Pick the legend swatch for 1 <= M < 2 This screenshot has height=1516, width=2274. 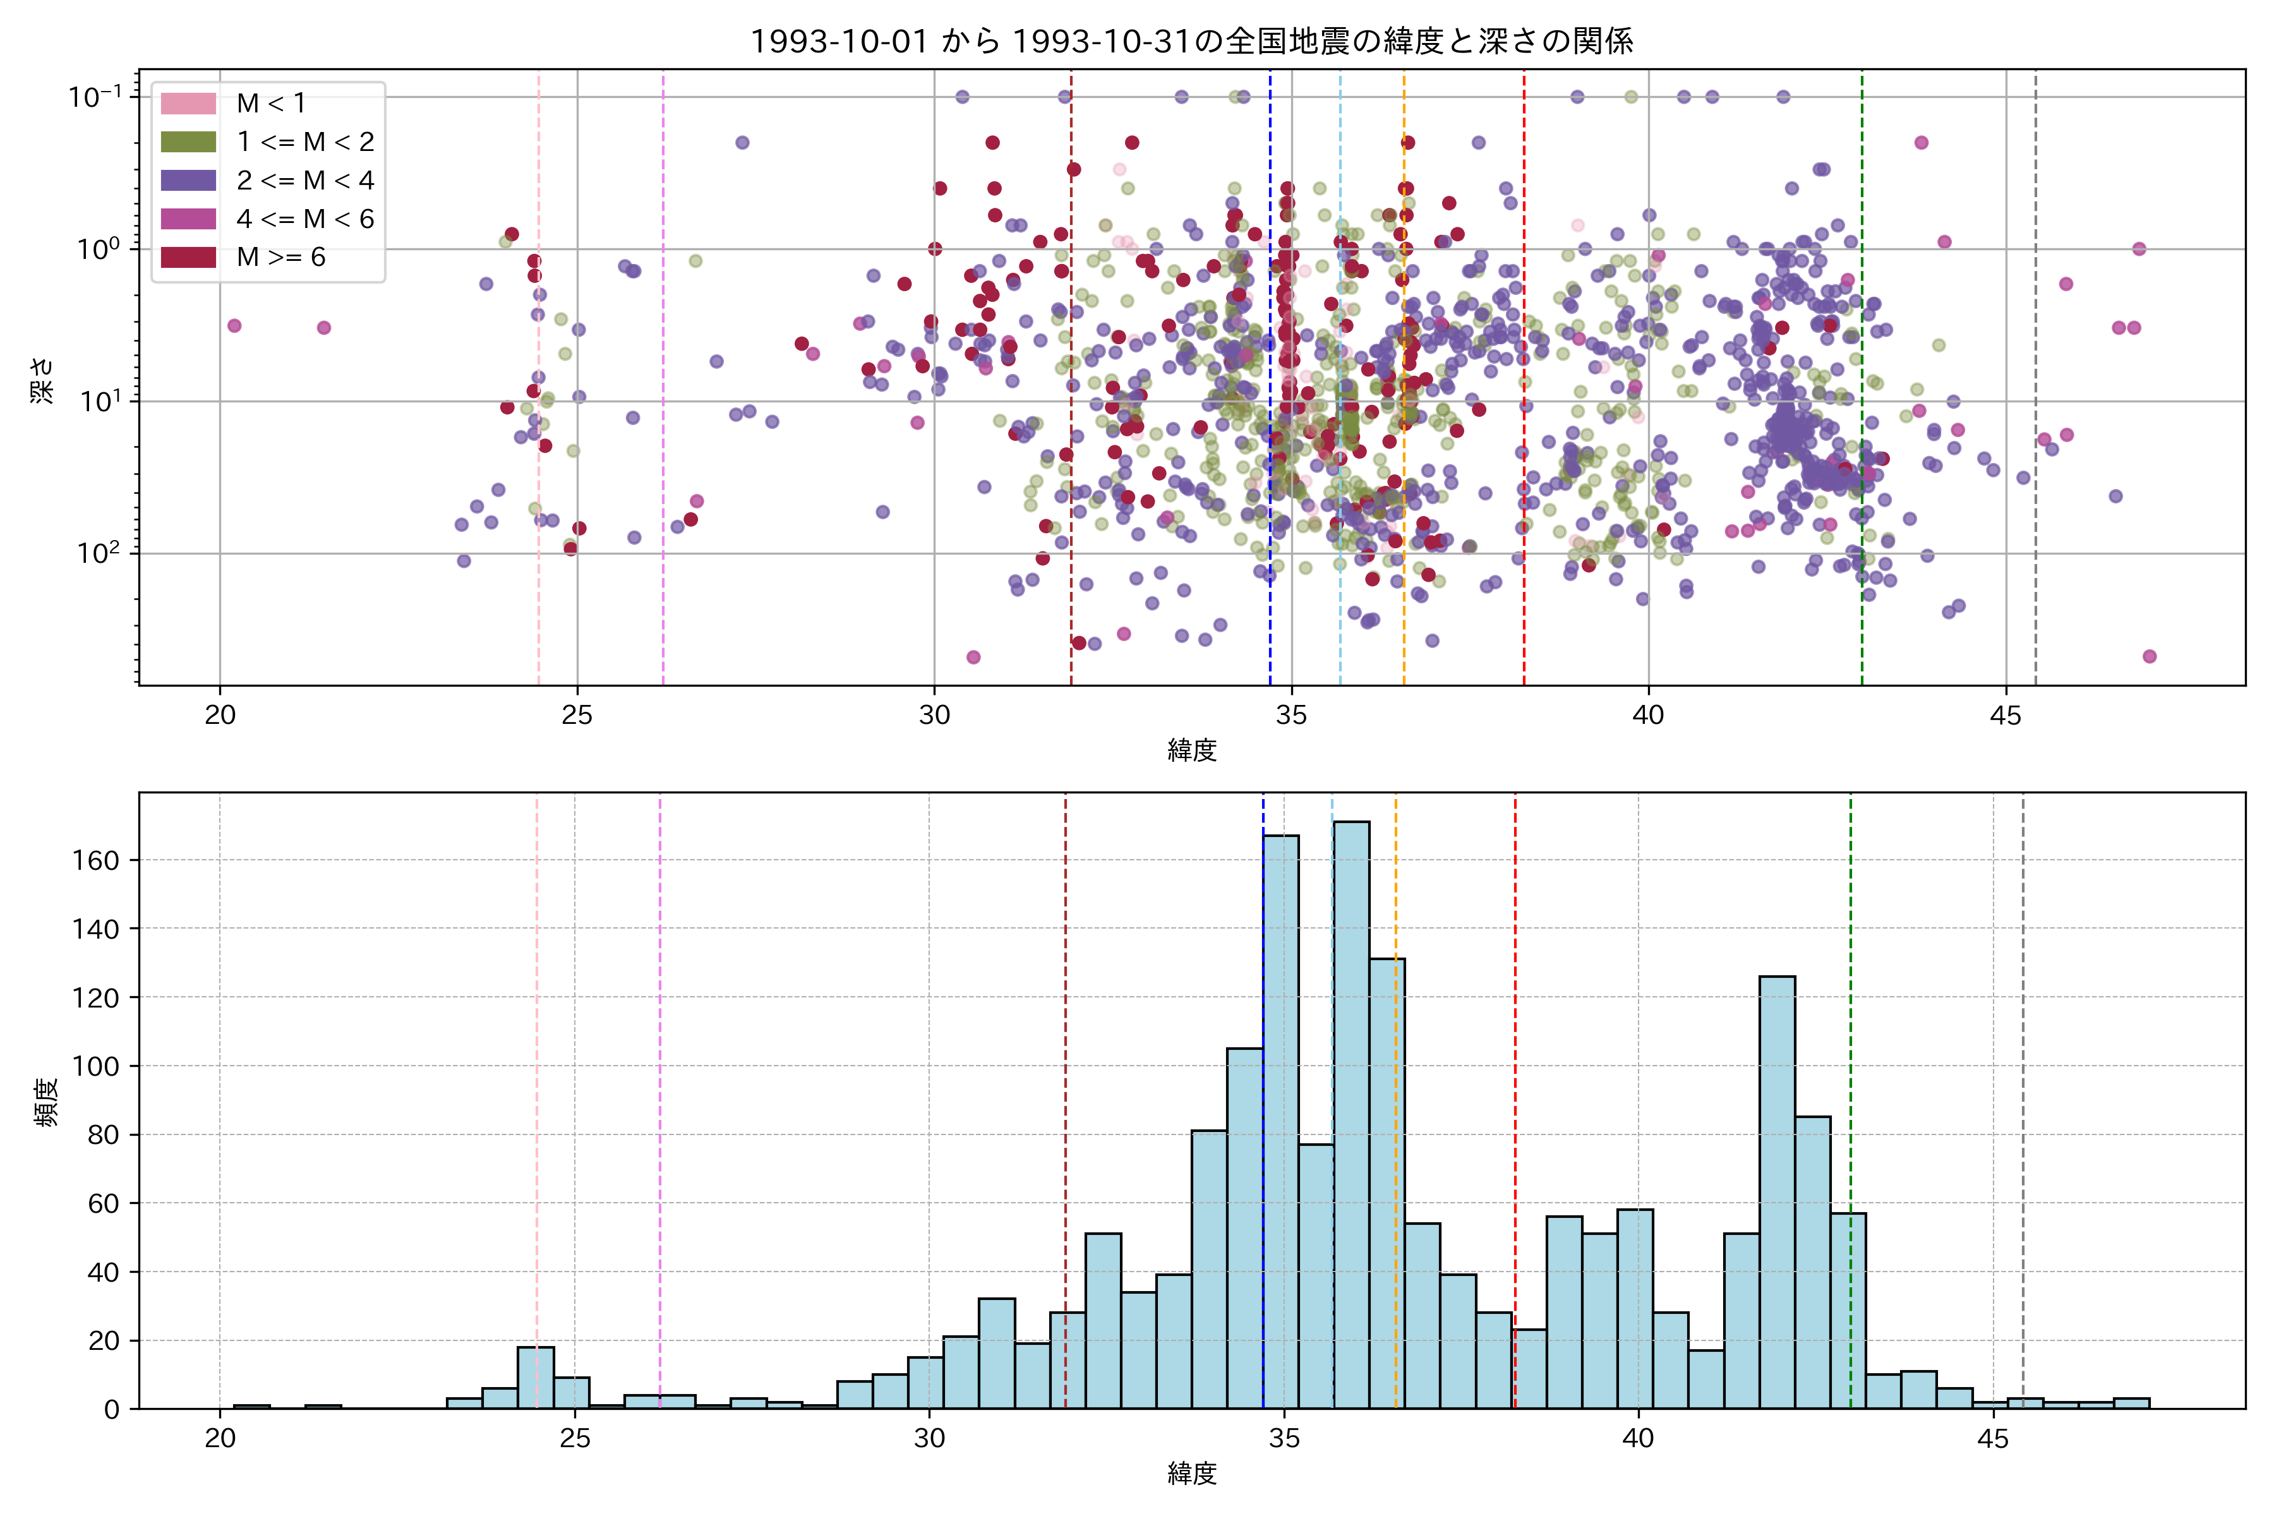coord(188,142)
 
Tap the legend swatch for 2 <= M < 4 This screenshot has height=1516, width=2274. coord(188,181)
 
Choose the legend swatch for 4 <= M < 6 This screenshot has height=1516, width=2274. coord(188,219)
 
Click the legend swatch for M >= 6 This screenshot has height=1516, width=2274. coord(188,257)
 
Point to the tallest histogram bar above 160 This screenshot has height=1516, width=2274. coord(1351,1112)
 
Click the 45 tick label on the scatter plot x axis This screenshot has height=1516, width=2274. coord(2005,716)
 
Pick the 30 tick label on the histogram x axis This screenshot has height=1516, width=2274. coord(929,1439)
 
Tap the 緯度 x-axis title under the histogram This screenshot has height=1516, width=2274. coord(1191,1474)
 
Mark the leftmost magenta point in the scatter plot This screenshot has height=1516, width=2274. coord(234,326)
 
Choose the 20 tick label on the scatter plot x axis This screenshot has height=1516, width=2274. coord(220,716)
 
